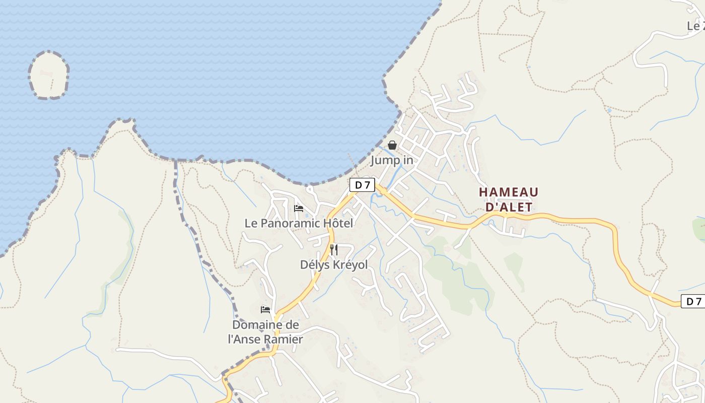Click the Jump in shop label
[392, 160]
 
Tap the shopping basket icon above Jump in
[392, 145]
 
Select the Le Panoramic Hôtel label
[299, 223]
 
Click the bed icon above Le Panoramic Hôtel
[299, 208]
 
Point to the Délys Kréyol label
[334, 264]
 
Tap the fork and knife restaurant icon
[334, 249]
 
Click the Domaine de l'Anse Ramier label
[265, 332]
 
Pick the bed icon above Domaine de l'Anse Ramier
[265, 309]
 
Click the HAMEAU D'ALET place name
[509, 199]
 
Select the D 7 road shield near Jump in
[362, 185]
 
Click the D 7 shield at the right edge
[693, 301]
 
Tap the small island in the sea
[49, 76]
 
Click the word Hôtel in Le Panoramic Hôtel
[336, 223]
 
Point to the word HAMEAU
[509, 192]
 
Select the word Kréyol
[348, 264]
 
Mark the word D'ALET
[509, 207]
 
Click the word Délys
[314, 264]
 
